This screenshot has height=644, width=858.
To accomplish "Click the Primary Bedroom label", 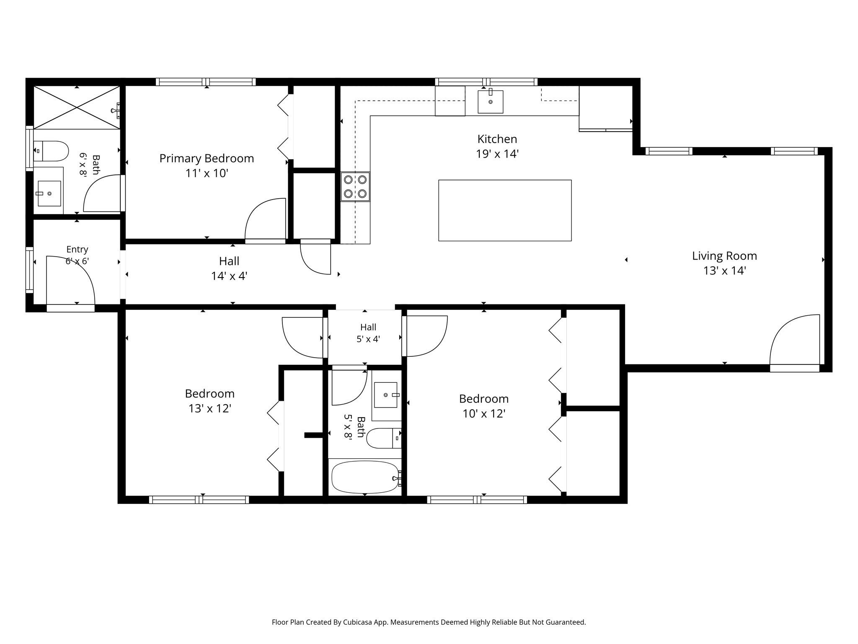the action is point(207,158).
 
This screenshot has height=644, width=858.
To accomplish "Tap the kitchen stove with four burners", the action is point(355,187).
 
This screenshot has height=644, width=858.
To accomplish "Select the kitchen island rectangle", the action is point(505,210).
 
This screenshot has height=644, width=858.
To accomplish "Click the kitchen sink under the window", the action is point(490,101).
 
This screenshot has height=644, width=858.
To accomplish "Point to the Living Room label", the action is point(724,256).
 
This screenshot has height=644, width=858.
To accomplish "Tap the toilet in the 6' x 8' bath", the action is point(51,151).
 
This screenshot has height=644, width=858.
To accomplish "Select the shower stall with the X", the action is point(77,107).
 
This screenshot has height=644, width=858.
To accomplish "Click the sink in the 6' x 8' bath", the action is point(49,194).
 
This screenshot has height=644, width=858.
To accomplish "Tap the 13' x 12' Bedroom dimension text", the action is point(210,408).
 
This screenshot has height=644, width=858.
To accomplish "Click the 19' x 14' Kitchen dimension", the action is point(497,154).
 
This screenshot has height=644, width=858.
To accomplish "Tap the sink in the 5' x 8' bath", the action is point(386,395).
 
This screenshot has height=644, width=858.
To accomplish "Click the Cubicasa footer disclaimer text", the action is point(429,622).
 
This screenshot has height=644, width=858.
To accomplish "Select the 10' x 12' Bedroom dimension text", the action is point(484,414).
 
